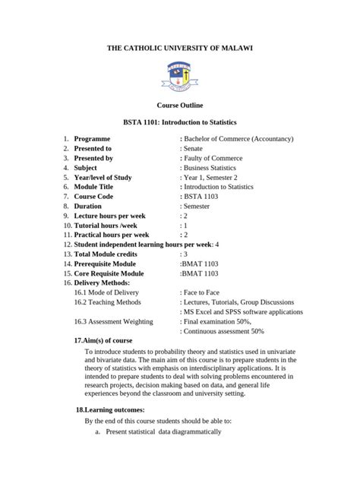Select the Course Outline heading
click(180, 104)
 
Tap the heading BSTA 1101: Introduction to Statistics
click(180, 122)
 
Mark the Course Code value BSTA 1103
click(202, 197)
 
